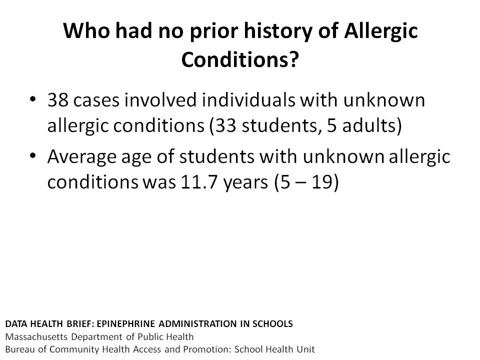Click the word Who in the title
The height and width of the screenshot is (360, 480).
(86, 30)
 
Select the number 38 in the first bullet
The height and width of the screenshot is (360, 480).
(58, 100)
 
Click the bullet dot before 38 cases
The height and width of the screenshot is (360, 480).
(33, 99)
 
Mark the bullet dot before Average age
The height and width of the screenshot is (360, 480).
(33, 156)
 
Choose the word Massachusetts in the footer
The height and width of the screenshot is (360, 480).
(36, 336)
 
